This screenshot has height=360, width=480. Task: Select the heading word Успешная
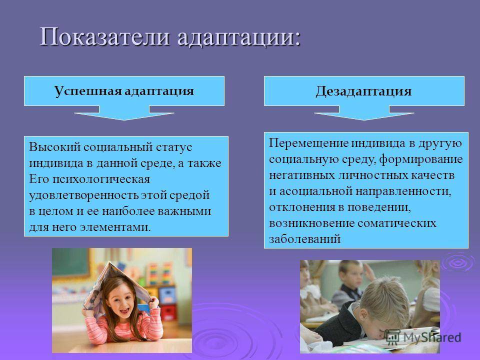(88, 91)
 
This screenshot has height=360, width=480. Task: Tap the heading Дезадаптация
(363, 91)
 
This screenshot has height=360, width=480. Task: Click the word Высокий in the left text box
(54, 147)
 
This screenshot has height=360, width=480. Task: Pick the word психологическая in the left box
(101, 179)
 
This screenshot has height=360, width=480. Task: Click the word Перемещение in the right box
(309, 143)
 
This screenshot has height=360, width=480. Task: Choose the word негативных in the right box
(302, 175)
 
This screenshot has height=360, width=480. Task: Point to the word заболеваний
(305, 239)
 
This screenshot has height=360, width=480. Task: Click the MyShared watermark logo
(423, 337)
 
